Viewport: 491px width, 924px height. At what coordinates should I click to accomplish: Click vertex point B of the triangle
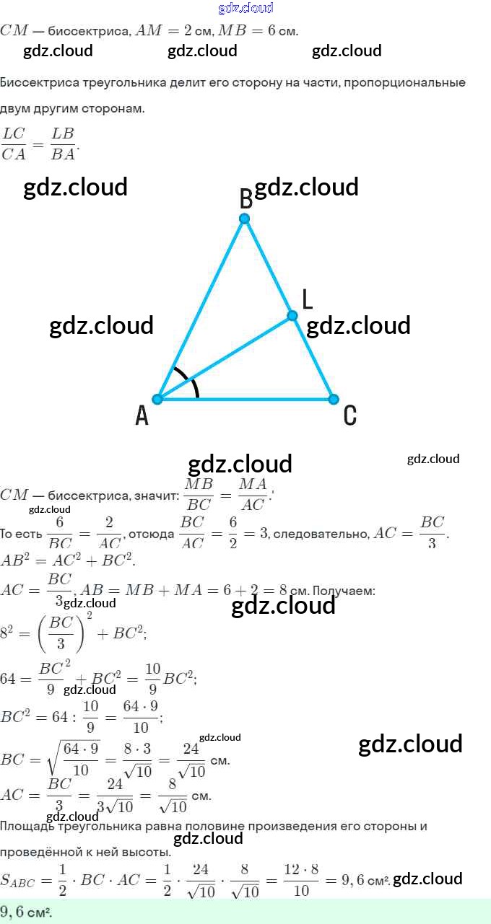click(245, 219)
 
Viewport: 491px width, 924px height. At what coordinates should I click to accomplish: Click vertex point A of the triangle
click(157, 399)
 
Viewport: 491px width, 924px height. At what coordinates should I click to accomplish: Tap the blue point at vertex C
click(333, 399)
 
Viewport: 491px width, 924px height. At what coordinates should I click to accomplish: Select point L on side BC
click(292, 315)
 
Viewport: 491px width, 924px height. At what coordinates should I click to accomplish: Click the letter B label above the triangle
click(245, 198)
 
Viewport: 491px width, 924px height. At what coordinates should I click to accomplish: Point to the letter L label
click(307, 299)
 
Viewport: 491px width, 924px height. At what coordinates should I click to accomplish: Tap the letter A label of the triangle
click(142, 415)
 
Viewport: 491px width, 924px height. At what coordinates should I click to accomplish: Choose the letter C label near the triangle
click(349, 415)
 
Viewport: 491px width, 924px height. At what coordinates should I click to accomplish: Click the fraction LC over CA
click(13, 144)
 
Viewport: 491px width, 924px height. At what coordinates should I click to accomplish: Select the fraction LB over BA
click(63, 144)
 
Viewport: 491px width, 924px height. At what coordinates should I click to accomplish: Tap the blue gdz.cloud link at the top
click(245, 8)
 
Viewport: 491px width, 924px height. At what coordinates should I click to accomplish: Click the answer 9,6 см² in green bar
click(26, 912)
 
